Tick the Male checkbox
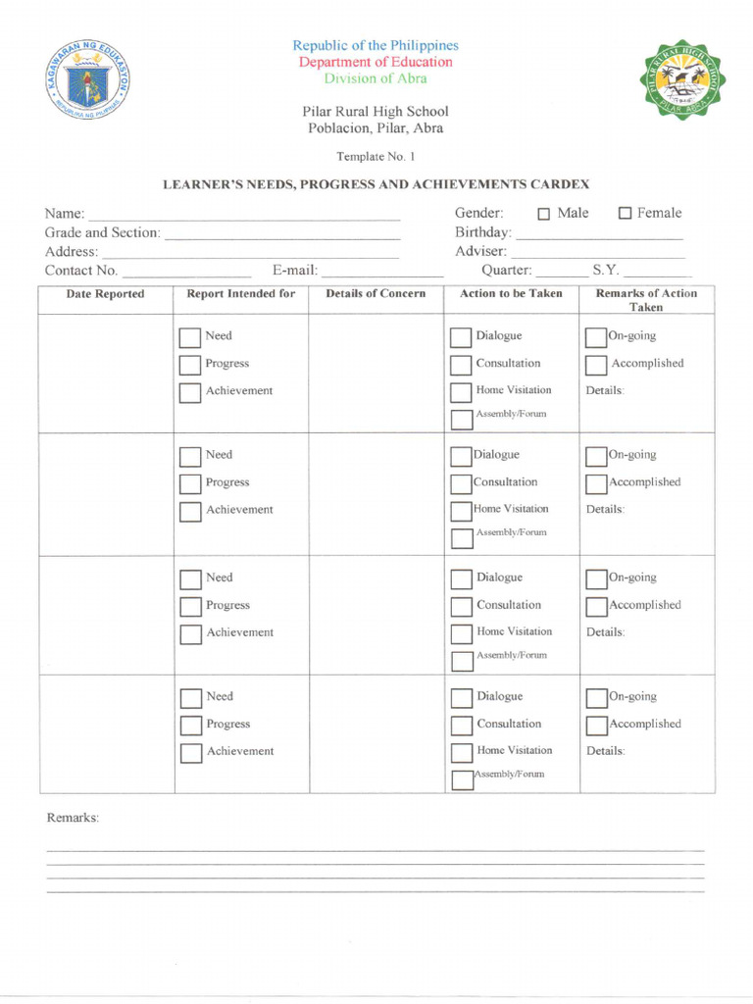pyautogui.click(x=543, y=215)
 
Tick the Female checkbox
pyautogui.click(x=625, y=215)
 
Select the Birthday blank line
pyautogui.click(x=599, y=236)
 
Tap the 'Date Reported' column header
pyautogui.click(x=105, y=294)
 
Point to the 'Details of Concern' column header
pyautogui.click(x=376, y=294)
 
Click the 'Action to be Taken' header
pyautogui.click(x=511, y=294)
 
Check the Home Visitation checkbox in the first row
pyautogui.click(x=461, y=392)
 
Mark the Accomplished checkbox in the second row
pyautogui.click(x=595, y=483)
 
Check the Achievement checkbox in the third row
pyautogui.click(x=190, y=634)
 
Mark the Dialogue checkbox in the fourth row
pyautogui.click(x=461, y=698)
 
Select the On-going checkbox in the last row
pyautogui.click(x=595, y=698)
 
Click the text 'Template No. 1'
pyautogui.click(x=376, y=156)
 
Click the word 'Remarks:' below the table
pyautogui.click(x=74, y=818)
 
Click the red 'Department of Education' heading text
pyautogui.click(x=376, y=62)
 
